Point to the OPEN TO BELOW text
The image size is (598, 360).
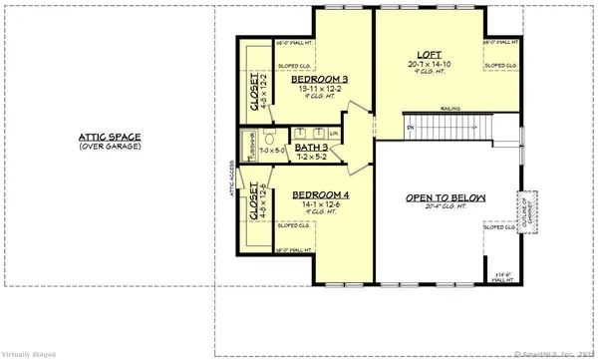[445, 198]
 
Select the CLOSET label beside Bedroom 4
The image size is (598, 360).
[255, 200]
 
